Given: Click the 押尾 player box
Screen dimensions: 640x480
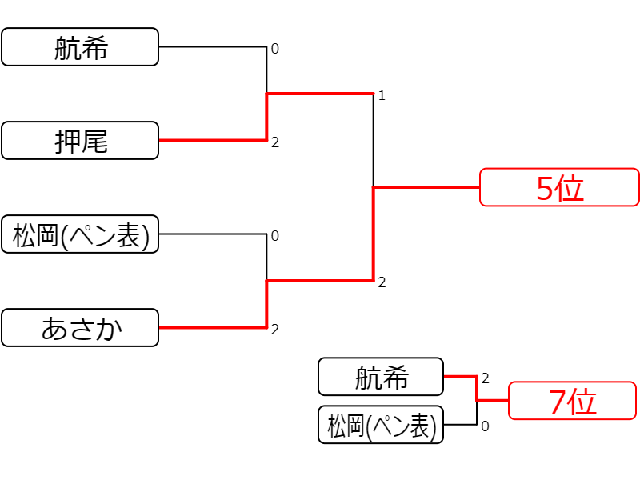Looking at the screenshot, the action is [80, 141].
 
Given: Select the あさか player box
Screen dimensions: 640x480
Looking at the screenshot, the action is [80, 328].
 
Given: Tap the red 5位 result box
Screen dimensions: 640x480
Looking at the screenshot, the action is [559, 187].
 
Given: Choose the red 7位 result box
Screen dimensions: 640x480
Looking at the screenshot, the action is [572, 401].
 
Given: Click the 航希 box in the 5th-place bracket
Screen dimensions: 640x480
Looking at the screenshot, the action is [80, 47].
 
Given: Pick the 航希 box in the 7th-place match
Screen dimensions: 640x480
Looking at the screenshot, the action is [381, 377].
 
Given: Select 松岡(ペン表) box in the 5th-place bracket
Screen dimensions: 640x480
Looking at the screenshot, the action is [80, 234].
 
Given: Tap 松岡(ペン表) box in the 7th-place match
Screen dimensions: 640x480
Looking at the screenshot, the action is [381, 425].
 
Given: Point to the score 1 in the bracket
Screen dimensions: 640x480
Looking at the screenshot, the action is [382, 95].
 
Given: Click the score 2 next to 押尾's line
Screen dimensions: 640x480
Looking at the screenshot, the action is [275, 142].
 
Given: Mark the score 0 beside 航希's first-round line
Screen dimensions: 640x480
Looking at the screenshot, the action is [275, 49].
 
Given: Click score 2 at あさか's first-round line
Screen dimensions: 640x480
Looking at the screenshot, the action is [275, 330].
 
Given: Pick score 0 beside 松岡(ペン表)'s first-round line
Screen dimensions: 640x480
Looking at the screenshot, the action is [275, 236].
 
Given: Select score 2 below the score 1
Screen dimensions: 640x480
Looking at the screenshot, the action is [382, 282].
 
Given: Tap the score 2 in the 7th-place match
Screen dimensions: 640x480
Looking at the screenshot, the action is [485, 378].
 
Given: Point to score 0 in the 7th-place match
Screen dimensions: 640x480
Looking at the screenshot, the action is [485, 426].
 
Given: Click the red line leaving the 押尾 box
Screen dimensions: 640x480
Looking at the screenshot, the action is [213, 141].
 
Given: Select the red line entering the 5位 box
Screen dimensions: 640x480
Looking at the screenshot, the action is [426, 187].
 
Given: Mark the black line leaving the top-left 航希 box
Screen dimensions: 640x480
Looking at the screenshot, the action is [213, 47].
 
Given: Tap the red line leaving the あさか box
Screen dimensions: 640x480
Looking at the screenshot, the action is [213, 327].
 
